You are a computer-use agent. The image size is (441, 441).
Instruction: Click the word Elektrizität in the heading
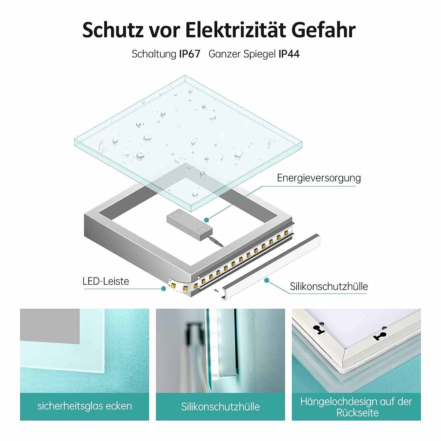point(235,30)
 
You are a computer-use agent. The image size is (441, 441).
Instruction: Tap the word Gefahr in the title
point(324,30)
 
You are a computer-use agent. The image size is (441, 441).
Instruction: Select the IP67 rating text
point(190,54)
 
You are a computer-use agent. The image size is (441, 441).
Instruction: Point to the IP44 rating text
point(289,54)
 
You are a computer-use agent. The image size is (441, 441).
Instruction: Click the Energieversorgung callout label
point(319,178)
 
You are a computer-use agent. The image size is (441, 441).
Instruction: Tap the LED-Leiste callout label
point(106,281)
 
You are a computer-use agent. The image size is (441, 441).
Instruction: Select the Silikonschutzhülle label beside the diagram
point(329,286)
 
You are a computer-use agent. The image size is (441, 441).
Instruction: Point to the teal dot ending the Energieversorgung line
point(207,220)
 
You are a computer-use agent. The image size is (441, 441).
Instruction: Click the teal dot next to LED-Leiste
point(164,289)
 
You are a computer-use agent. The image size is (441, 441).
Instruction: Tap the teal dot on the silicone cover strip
point(267,280)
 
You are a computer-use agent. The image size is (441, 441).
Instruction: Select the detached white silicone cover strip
point(271,267)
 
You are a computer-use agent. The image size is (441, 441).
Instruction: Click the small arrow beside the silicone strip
point(216,291)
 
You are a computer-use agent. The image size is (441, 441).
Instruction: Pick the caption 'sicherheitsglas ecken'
point(84,406)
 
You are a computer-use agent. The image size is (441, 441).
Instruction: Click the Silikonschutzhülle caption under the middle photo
point(220,407)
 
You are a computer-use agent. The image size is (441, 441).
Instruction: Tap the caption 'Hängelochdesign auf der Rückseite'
point(356,407)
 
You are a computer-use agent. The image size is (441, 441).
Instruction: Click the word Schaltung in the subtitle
point(154,54)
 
